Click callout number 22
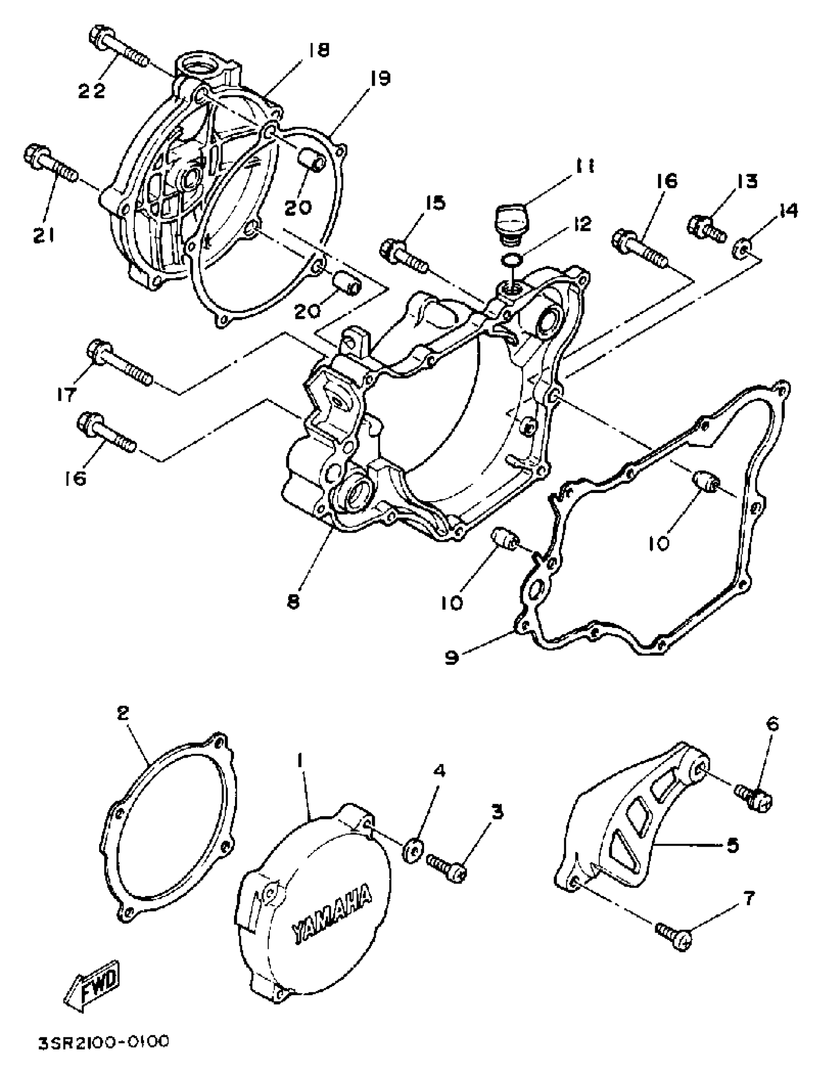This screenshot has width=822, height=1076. (92, 91)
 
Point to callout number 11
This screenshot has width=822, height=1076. (584, 167)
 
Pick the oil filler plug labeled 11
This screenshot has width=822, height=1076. (509, 221)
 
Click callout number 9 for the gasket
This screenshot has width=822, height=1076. (452, 658)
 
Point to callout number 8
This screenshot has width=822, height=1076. (293, 603)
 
